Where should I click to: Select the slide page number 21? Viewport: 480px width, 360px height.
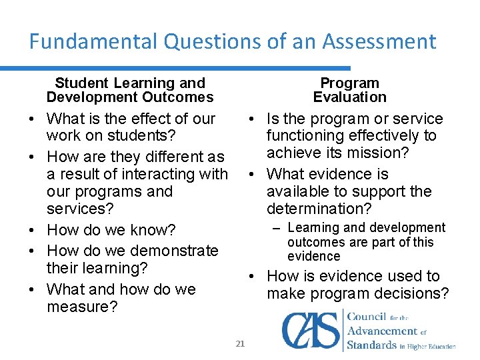[x=241, y=343]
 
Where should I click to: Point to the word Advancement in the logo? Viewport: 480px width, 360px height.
[x=382, y=331]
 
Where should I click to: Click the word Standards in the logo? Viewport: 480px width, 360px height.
[x=371, y=345]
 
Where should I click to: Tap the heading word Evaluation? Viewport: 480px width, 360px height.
[x=350, y=97]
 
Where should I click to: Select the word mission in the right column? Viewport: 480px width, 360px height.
[x=381, y=153]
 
